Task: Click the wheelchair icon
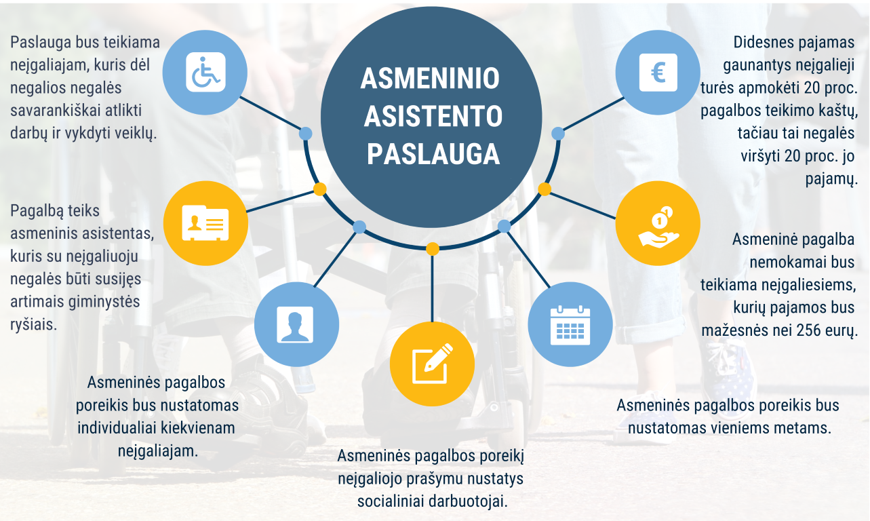[x=205, y=72]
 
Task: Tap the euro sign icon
[x=658, y=72]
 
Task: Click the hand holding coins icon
[x=657, y=223]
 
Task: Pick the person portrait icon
[x=295, y=324]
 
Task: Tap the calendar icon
[x=570, y=324]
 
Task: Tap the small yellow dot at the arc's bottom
[x=432, y=249]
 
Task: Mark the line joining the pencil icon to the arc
[x=432, y=285]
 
